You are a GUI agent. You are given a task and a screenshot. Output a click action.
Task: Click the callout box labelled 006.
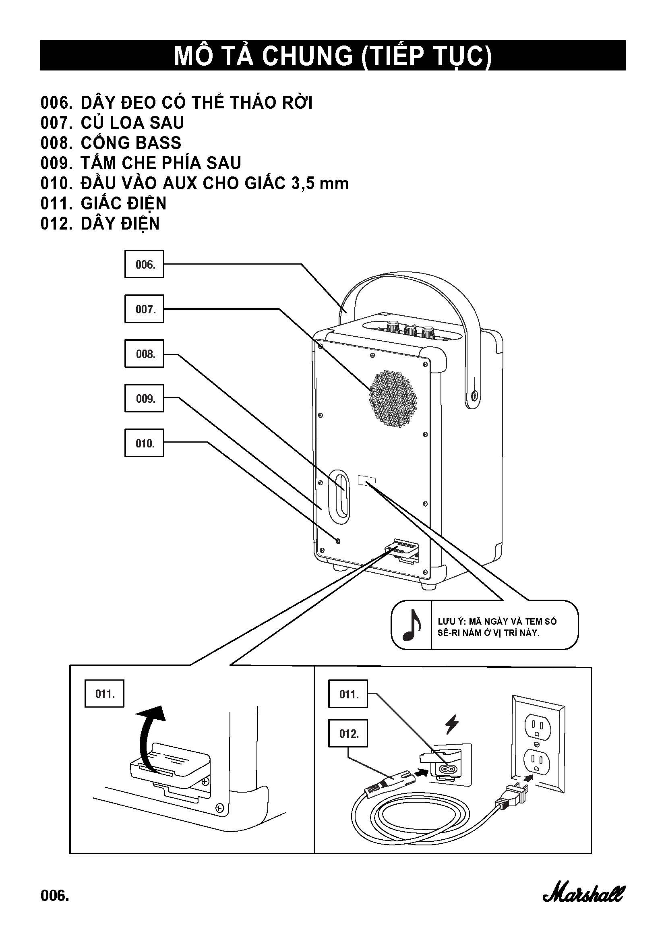coord(145,264)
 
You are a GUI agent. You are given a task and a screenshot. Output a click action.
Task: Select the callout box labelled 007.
coord(145,309)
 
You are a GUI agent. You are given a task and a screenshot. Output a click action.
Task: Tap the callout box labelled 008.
coord(145,354)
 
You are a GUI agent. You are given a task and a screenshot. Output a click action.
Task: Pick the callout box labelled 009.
coord(145,398)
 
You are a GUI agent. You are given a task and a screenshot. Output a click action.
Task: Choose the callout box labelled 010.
coord(145,443)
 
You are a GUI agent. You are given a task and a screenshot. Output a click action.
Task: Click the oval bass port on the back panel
coord(339,496)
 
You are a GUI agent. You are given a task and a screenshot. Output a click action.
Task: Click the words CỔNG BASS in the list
coord(131,143)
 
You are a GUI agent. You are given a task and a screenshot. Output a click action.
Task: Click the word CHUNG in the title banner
coord(307,56)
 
